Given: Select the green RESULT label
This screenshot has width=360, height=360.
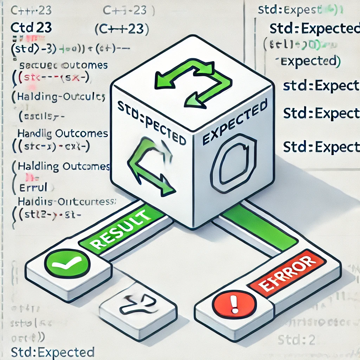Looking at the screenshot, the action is pos(120,229).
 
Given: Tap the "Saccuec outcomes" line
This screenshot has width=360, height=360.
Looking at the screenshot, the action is pos(63,66).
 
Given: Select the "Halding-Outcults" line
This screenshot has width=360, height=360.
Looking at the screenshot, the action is pos(60,97).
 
